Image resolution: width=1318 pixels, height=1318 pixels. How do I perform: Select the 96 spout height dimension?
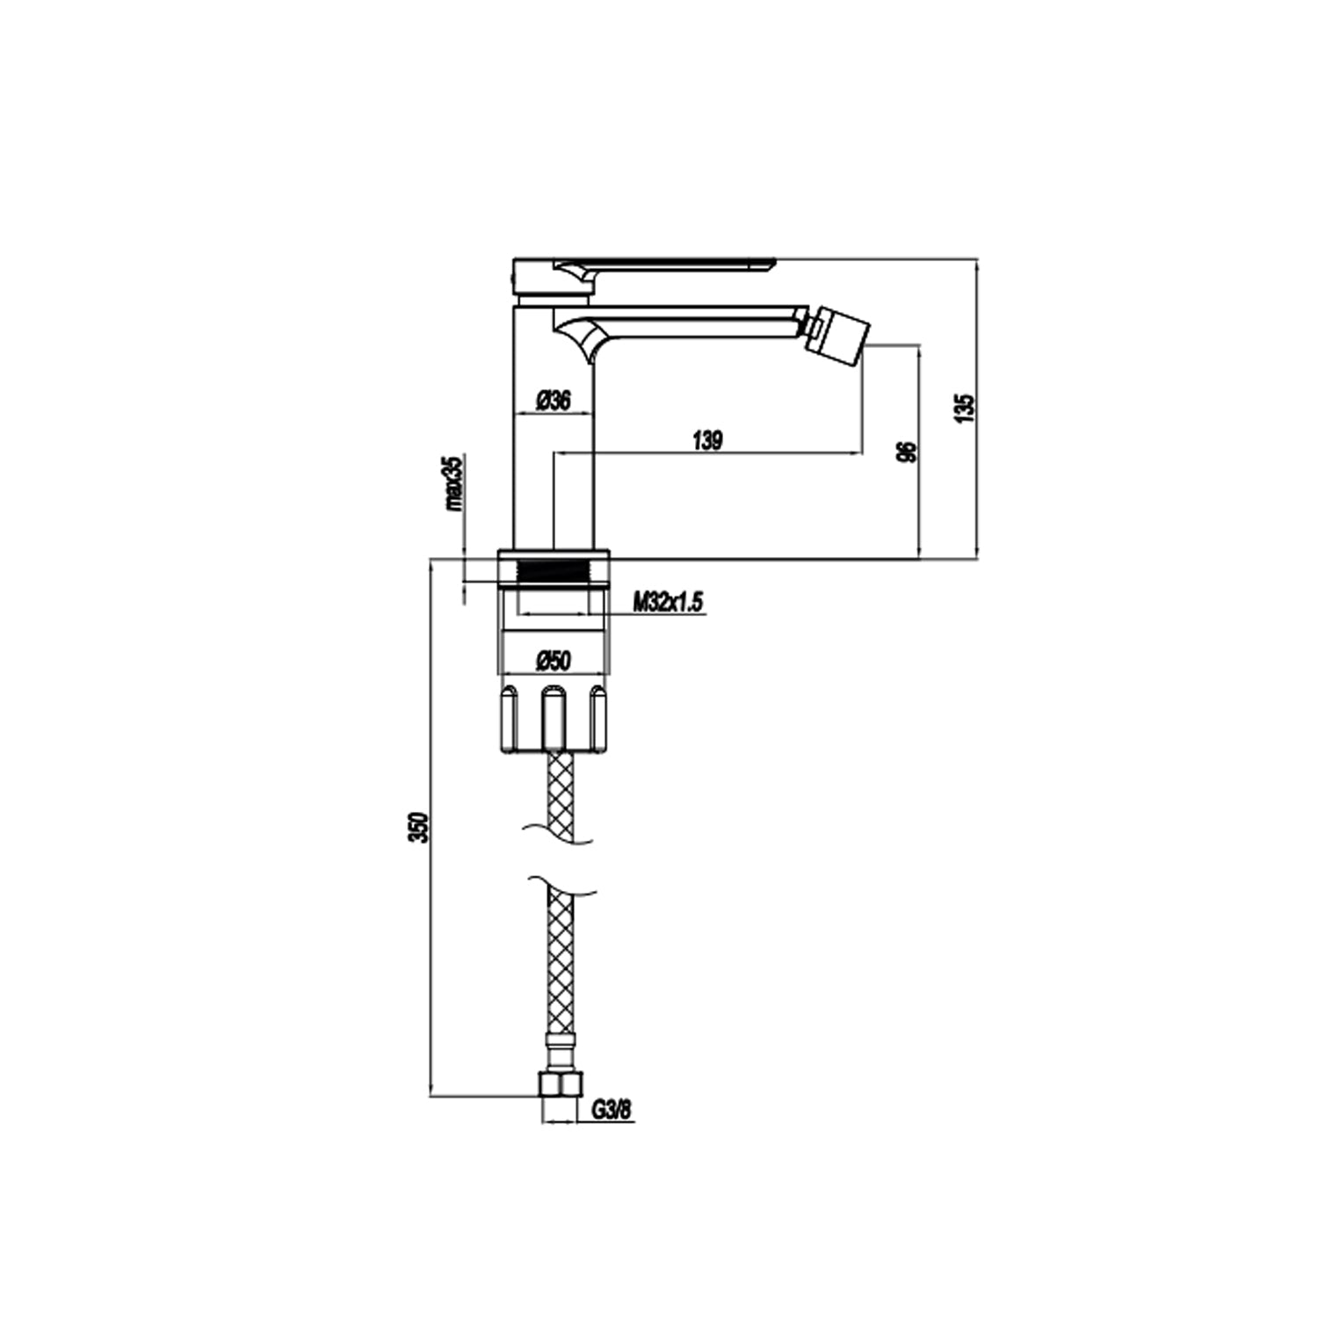click(909, 452)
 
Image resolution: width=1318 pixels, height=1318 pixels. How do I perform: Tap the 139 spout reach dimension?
click(707, 440)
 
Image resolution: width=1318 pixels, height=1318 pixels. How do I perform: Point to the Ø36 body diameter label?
click(553, 401)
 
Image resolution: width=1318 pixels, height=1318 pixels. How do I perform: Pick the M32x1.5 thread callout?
click(668, 602)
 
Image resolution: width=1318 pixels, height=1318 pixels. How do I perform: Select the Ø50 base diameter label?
click(554, 659)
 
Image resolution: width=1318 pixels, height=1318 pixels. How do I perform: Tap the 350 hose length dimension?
click(421, 828)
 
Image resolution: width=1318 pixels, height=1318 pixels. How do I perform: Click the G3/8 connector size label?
click(611, 1111)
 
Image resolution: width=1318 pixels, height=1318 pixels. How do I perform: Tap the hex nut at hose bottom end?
click(559, 1084)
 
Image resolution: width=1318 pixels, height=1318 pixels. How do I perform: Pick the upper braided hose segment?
click(560, 795)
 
